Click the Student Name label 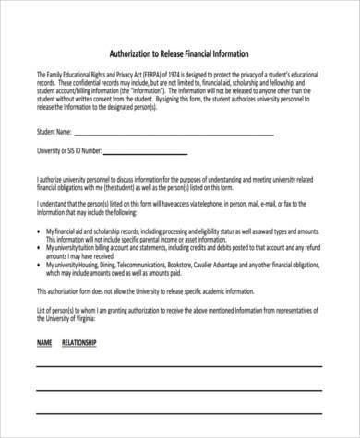[x=53, y=132]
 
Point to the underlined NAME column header [x=43, y=343]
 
